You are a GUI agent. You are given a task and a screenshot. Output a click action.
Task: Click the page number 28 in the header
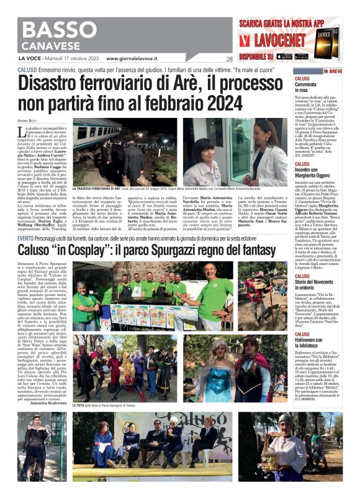click(x=229, y=60)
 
